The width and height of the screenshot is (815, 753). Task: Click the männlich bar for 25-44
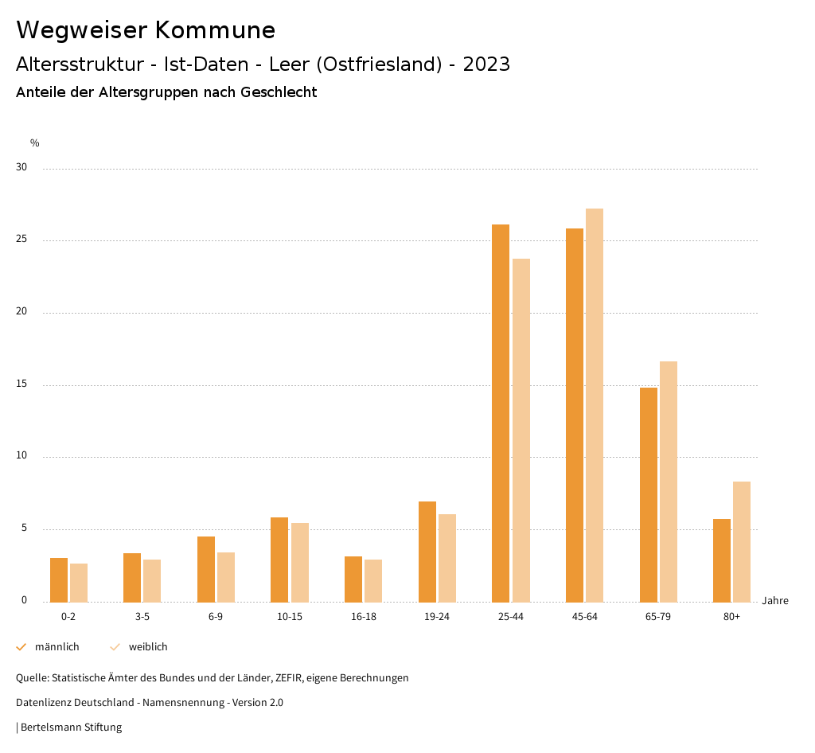click(x=501, y=413)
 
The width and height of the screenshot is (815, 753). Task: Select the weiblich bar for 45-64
click(x=595, y=405)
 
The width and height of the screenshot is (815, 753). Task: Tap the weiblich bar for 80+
click(x=742, y=542)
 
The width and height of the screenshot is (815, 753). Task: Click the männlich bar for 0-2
click(x=59, y=580)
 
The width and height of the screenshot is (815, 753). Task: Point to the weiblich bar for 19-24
click(x=447, y=558)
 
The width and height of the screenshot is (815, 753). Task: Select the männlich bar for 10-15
click(x=279, y=560)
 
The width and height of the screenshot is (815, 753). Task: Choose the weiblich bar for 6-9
click(x=226, y=577)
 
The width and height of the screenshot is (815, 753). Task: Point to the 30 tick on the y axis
click(x=21, y=168)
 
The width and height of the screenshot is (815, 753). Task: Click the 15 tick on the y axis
click(x=21, y=384)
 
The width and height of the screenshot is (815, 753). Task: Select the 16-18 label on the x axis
click(x=363, y=617)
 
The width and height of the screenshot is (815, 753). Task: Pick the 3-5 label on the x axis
click(x=142, y=617)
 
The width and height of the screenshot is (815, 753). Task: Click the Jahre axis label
click(x=775, y=601)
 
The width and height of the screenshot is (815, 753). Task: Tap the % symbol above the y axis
click(x=35, y=143)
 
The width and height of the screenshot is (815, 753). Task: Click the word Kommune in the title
click(x=215, y=30)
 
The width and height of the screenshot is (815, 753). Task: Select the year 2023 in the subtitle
click(x=486, y=64)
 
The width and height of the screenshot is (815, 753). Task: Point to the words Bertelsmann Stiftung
click(x=71, y=727)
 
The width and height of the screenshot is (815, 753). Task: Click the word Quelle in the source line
click(x=31, y=678)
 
